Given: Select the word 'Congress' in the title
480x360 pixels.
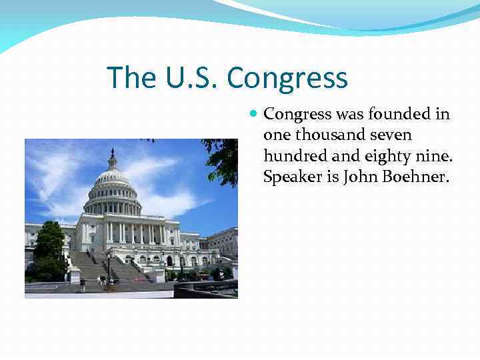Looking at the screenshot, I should pyautogui.click(x=287, y=77).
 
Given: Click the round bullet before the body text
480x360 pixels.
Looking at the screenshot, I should pyautogui.click(x=253, y=115).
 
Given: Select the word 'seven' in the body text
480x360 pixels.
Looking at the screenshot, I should pyautogui.click(x=389, y=135).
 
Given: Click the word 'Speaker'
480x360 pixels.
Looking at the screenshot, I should pyautogui.click(x=291, y=178).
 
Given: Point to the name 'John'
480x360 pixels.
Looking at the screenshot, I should pyautogui.click(x=358, y=178).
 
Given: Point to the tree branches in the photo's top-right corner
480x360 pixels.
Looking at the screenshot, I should pyautogui.click(x=223, y=157).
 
